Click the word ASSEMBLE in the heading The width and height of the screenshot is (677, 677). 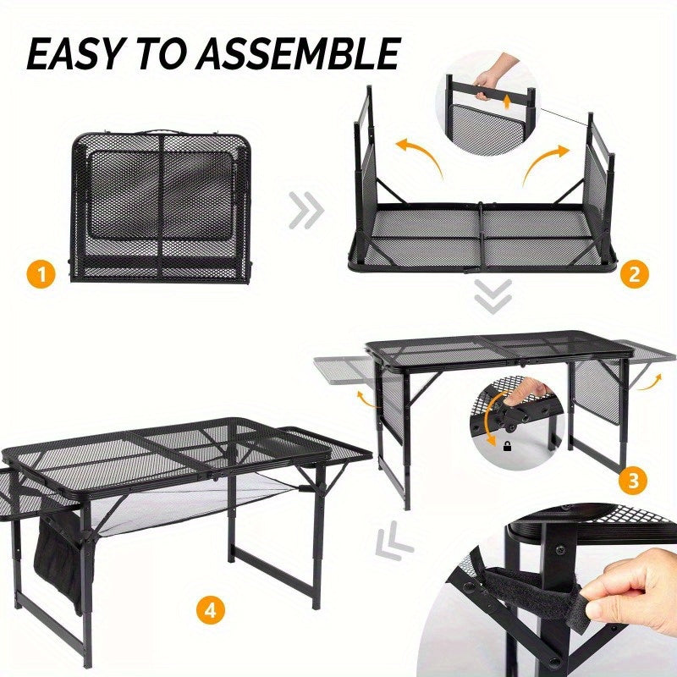tap(300, 54)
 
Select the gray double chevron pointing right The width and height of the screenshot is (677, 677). tap(306, 211)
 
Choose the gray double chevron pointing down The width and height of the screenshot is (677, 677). tap(493, 295)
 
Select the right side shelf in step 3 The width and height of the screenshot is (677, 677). tap(647, 350)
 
